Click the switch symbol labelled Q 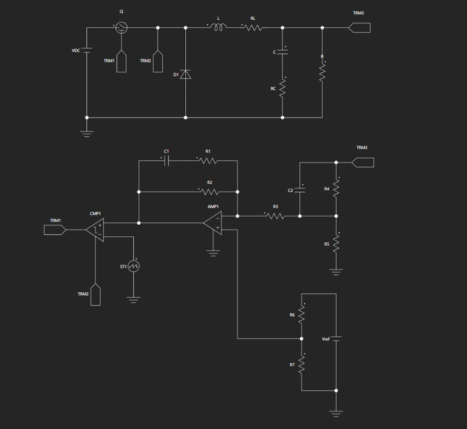(121, 28)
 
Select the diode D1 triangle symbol (186, 74)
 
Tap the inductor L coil (218, 28)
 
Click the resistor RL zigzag (253, 28)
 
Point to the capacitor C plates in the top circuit (282, 52)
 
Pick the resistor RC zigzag (282, 89)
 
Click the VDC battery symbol (87, 50)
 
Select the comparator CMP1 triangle (95, 230)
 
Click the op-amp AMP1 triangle (212, 223)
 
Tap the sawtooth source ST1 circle (134, 266)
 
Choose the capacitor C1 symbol (167, 161)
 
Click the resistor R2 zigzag (210, 192)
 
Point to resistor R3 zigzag (276, 216)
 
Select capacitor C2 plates (300, 190)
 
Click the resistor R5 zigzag (336, 244)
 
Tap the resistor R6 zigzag (302, 315)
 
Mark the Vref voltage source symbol (336, 339)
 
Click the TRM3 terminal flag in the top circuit (360, 28)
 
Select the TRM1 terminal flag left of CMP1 (55, 230)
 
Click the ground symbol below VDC (87, 134)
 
